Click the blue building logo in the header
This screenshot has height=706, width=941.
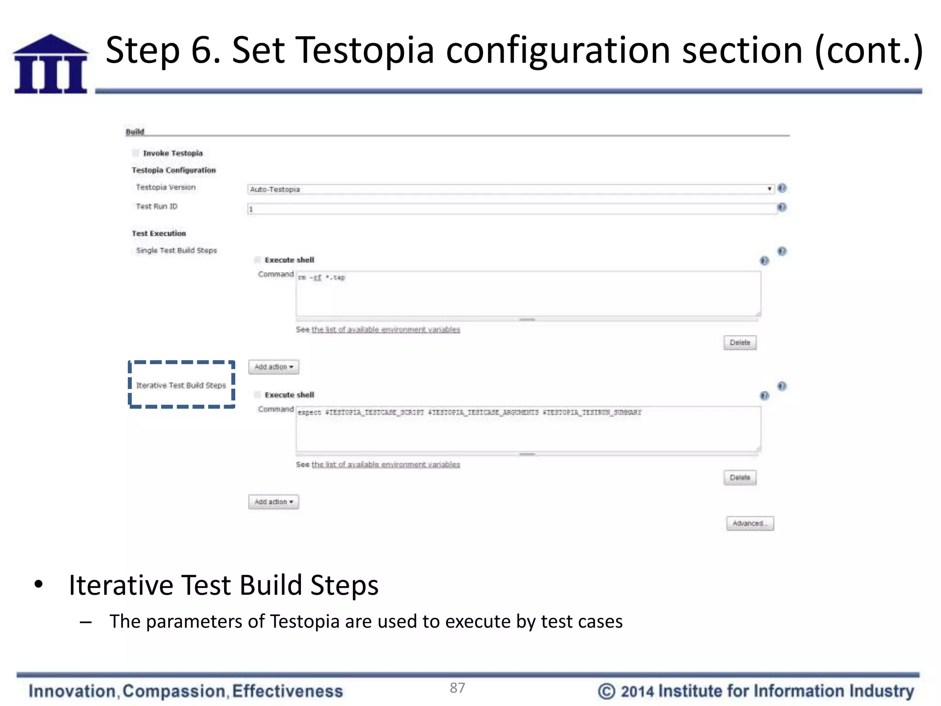tap(51, 64)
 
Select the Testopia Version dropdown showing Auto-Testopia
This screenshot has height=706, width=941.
tap(510, 189)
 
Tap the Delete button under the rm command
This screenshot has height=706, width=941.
tap(739, 342)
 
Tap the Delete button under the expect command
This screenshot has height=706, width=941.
tap(739, 478)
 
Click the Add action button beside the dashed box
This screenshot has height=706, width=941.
tap(273, 367)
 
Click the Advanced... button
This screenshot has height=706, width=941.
tap(749, 523)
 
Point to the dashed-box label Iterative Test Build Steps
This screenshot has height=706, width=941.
tap(181, 385)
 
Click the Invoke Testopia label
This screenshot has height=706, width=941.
tap(172, 153)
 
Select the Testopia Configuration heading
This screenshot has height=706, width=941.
tap(174, 170)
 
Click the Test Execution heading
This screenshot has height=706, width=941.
tap(159, 233)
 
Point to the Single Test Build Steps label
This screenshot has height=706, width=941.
tap(176, 251)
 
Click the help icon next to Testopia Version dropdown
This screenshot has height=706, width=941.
tap(782, 188)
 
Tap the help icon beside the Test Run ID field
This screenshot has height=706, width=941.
tap(782, 208)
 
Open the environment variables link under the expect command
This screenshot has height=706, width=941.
tap(385, 465)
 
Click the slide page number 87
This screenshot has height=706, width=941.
tap(457, 688)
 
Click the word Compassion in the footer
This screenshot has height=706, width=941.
tap(174, 691)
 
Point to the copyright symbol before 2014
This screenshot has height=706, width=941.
tap(607, 691)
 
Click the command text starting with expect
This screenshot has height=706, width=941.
tap(469, 412)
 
